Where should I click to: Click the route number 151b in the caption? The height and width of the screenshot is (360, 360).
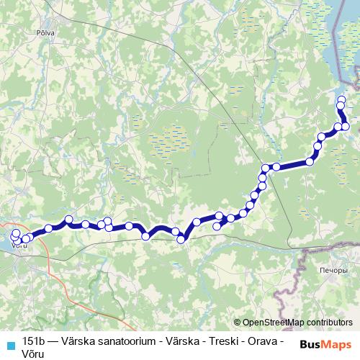point(33,340)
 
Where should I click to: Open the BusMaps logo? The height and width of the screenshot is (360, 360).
point(326,345)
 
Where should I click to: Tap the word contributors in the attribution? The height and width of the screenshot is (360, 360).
point(329,323)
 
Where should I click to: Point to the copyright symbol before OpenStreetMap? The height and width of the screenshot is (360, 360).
point(238,323)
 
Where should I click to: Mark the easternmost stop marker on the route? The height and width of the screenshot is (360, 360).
point(346,127)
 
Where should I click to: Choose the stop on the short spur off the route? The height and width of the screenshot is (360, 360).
point(217,227)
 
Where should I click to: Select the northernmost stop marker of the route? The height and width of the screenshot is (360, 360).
point(341,99)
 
